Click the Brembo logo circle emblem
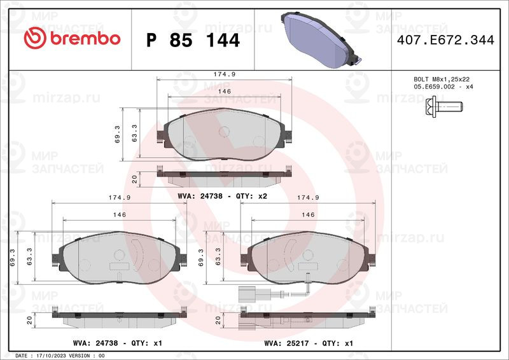pos(35,38)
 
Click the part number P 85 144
pos(193,40)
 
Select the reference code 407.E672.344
pos(445,40)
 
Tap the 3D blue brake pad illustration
pos(321,39)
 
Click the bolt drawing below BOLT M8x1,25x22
pos(443,106)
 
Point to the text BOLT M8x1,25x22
pos(442,80)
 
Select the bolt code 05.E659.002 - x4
pos(443,87)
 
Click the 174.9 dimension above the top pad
pos(225,74)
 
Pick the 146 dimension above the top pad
pos(225,92)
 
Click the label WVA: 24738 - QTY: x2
pos(222,196)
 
